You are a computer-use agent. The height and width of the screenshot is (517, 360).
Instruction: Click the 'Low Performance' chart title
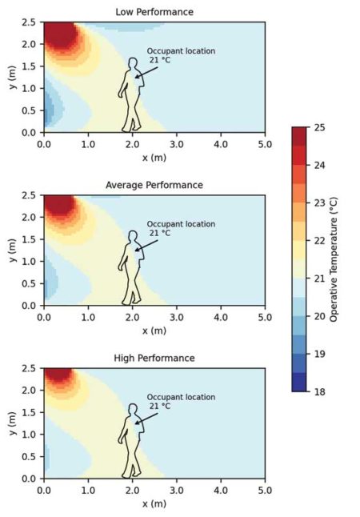click(154, 12)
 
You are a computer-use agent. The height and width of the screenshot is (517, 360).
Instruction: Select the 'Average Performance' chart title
click(154, 185)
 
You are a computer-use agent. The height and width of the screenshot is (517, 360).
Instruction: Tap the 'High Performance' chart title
click(154, 358)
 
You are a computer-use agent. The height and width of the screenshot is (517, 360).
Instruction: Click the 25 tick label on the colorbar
click(321, 127)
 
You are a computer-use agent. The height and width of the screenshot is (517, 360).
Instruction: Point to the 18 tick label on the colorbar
click(321, 391)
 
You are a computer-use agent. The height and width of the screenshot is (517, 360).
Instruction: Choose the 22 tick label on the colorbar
click(321, 240)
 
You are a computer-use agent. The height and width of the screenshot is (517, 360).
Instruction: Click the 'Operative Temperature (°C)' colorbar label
click(334, 258)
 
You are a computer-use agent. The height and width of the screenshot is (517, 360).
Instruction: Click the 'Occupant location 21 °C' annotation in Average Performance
click(170, 229)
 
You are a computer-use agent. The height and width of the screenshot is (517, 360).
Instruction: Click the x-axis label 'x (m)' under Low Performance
click(154, 158)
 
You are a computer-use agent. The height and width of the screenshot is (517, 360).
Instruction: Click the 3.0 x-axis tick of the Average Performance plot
click(176, 318)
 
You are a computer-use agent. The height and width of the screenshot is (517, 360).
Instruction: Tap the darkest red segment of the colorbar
click(299, 136)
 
